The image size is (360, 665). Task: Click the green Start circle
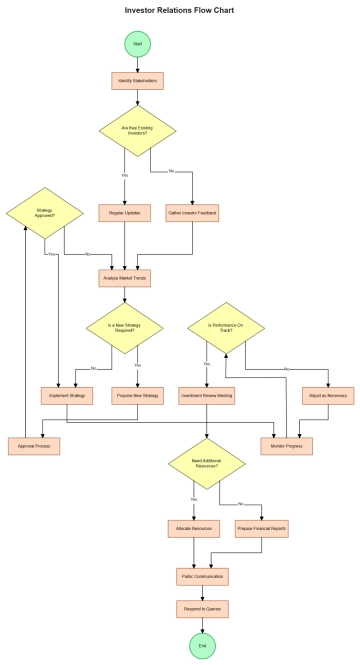[x=138, y=44]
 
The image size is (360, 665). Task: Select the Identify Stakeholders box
[x=138, y=80]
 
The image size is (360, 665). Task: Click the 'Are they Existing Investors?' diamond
[x=138, y=131]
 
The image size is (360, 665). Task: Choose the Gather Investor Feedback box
[x=191, y=213]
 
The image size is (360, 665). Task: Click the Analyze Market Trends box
[x=125, y=279]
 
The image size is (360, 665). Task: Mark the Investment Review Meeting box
[x=206, y=396]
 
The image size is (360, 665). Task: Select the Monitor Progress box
[x=287, y=446]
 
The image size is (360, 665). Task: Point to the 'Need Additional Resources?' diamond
[x=206, y=463]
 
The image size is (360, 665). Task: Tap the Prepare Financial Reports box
[x=263, y=527]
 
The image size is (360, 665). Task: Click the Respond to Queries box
[x=202, y=608]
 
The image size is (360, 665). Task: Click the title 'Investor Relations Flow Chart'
[x=180, y=9]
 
